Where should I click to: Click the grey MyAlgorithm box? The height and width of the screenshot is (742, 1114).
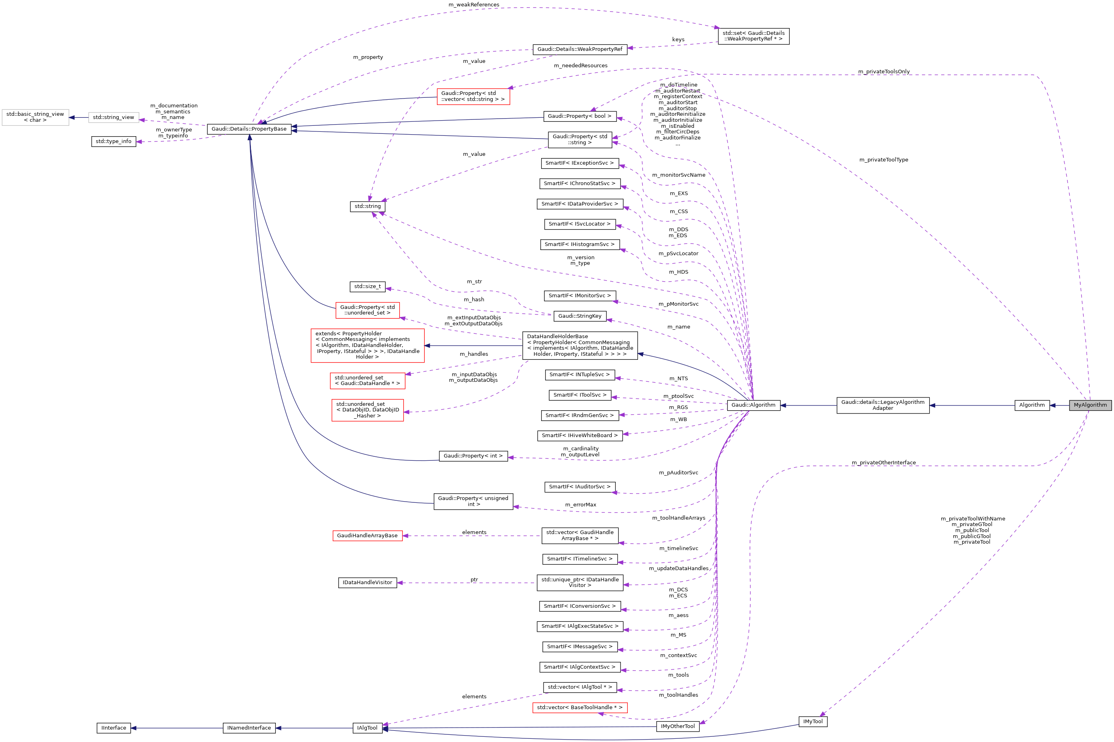coord(1090,405)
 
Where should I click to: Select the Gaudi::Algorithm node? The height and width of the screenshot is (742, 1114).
coord(753,405)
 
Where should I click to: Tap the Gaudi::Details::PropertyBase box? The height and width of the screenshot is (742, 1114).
coord(249,129)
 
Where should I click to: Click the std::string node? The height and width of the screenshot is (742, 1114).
coord(367,206)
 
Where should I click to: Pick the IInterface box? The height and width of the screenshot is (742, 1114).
coord(113,728)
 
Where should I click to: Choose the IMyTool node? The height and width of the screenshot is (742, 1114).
coord(813,722)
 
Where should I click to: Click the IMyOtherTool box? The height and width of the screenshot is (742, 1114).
coord(678,726)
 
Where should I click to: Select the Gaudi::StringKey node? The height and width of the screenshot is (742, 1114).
coord(580,316)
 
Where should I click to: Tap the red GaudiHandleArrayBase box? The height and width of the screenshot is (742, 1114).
coord(367,536)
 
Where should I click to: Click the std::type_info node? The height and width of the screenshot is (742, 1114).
coord(113,141)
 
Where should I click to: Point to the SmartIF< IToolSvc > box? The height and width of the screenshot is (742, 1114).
coord(580,395)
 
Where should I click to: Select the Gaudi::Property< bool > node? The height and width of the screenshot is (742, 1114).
coord(580,116)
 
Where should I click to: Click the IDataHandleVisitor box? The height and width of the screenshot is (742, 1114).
coord(367,583)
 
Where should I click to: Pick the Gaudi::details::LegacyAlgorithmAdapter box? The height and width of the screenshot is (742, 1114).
coord(882,405)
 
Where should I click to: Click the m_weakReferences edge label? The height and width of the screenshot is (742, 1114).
coord(473,5)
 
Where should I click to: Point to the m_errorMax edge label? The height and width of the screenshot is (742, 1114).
coord(580,505)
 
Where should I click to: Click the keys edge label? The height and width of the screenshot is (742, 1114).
coord(678,40)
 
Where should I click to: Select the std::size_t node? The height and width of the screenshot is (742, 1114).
coord(367,286)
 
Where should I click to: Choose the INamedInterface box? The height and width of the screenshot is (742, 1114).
coord(249,728)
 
